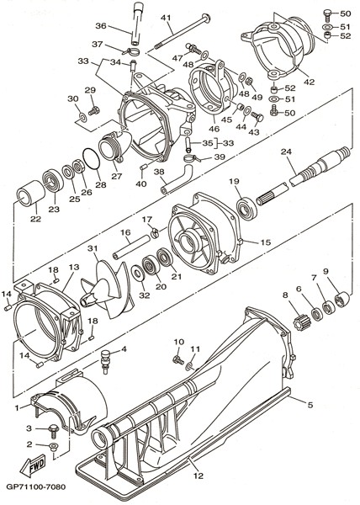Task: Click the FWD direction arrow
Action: click(33, 465)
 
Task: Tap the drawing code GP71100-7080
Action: click(35, 486)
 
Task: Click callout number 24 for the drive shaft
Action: click(286, 151)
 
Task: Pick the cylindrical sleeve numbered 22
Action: click(31, 193)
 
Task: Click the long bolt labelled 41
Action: click(182, 30)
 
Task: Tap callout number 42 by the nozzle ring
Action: click(309, 82)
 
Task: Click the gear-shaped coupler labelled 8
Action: click(301, 322)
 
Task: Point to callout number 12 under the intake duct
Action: click(199, 475)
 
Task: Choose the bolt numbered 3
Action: click(52, 429)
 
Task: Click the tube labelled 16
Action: click(131, 247)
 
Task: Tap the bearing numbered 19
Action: click(246, 210)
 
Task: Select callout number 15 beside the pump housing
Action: click(266, 242)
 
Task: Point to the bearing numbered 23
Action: click(53, 183)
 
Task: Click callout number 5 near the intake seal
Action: click(310, 405)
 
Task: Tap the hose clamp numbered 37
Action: click(132, 51)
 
